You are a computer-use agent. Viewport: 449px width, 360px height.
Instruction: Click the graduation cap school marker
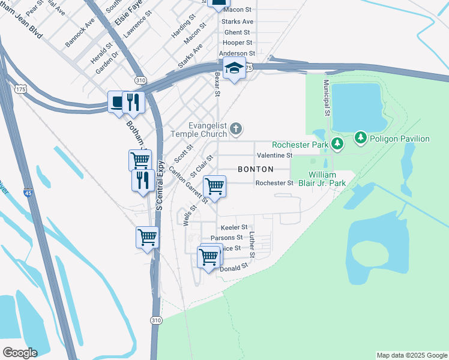tap(234, 69)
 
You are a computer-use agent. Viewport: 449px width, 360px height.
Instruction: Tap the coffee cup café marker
tap(116, 103)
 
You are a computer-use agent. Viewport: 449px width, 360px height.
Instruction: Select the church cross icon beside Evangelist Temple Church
tap(237, 128)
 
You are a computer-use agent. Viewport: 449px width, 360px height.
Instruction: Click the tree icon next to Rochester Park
tap(338, 143)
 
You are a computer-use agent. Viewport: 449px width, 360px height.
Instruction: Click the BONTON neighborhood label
tap(256, 169)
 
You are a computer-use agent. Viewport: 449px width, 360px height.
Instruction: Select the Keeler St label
tap(234, 227)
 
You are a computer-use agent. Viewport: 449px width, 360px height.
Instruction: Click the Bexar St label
tap(217, 85)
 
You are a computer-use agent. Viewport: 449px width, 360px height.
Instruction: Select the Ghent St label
tap(237, 32)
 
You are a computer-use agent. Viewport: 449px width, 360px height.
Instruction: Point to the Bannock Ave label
tap(80, 32)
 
